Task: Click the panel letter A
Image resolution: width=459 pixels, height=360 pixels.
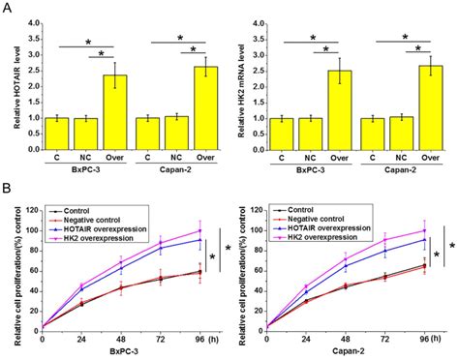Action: pyautogui.click(x=7, y=9)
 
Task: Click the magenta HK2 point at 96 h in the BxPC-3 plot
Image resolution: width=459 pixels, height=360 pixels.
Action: pyautogui.click(x=199, y=230)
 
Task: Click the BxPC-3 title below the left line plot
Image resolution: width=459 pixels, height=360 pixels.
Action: pyautogui.click(x=120, y=352)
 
